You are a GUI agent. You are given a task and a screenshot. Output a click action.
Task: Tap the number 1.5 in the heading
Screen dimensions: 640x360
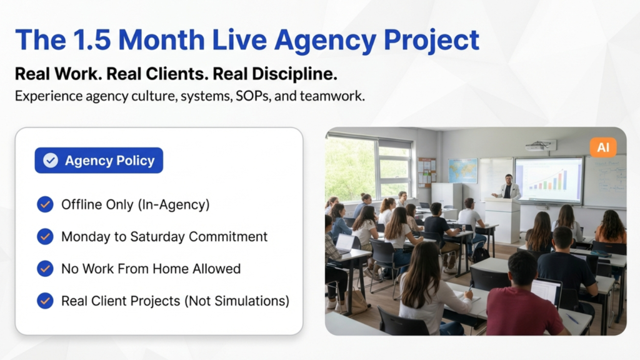click(x=91, y=39)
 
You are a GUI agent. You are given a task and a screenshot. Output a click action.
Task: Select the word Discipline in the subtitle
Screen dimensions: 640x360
click(x=294, y=74)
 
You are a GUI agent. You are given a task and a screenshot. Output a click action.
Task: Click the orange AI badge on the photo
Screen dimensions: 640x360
click(x=603, y=147)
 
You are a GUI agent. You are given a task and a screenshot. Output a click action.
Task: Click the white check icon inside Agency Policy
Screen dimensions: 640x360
click(x=51, y=161)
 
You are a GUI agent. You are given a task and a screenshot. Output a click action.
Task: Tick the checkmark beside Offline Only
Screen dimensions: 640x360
click(x=45, y=204)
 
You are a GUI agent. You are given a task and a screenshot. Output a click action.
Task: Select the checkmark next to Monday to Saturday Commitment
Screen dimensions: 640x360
click(x=45, y=236)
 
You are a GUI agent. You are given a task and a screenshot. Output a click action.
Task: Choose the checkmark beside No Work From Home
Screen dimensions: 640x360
click(x=45, y=269)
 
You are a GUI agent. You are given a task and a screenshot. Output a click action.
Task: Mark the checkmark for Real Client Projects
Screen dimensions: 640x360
click(x=45, y=301)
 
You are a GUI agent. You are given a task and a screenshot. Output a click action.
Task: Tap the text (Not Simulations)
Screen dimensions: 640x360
click(x=237, y=301)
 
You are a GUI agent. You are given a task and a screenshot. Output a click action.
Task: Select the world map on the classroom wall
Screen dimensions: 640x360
click(x=463, y=170)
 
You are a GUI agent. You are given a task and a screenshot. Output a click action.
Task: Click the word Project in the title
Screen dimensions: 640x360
click(x=431, y=41)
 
